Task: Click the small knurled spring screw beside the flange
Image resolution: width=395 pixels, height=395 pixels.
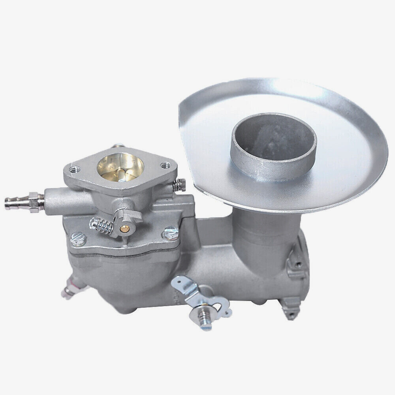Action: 181,184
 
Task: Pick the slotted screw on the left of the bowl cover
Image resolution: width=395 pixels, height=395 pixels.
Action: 76,237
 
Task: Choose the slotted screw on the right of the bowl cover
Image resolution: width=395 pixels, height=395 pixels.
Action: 170,233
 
